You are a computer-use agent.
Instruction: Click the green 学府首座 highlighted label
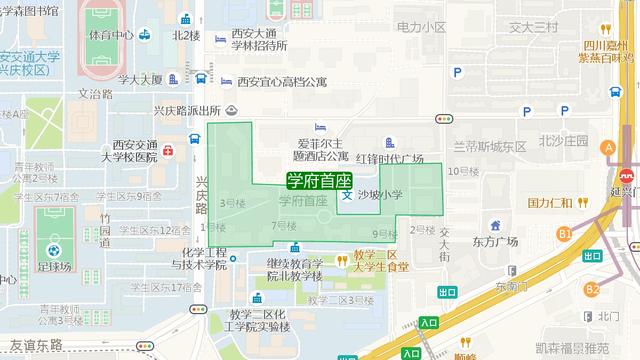click(x=318, y=181)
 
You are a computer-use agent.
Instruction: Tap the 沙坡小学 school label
click(x=379, y=194)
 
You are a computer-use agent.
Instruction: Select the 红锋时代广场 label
click(x=385, y=158)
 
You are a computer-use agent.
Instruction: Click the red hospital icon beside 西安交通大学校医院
click(x=168, y=151)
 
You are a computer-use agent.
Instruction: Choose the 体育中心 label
click(x=111, y=34)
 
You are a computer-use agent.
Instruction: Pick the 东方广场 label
click(x=496, y=241)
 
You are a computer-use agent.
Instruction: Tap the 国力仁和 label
click(x=549, y=202)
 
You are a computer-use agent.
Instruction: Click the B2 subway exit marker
click(x=593, y=290)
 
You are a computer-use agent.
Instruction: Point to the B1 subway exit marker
click(x=564, y=234)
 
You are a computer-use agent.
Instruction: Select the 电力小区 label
click(x=420, y=27)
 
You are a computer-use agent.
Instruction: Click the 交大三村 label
click(x=534, y=27)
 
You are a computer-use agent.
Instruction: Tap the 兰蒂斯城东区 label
click(x=489, y=145)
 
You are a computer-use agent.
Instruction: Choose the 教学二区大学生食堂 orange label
click(x=381, y=261)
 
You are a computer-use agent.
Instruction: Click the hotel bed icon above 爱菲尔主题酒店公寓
click(x=319, y=127)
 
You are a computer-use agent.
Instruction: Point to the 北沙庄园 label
click(x=563, y=141)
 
